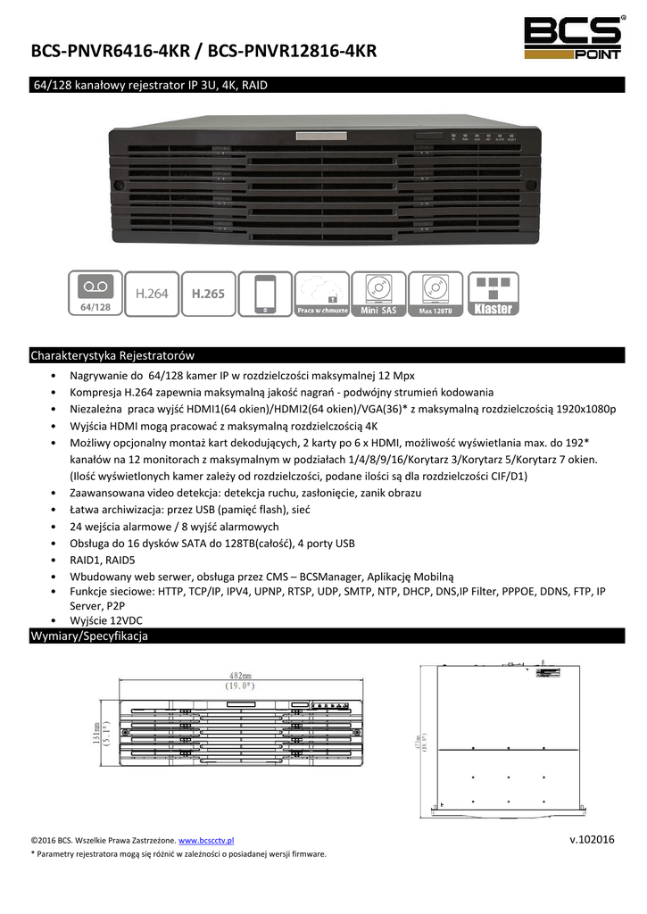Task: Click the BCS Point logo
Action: pos(573,38)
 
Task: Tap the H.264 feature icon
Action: pos(152,294)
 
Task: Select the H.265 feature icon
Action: pos(208,294)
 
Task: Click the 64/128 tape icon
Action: pos(95,294)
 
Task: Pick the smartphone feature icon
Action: pos(265,294)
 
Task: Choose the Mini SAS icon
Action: pos(378,294)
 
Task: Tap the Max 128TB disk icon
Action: pos(435,294)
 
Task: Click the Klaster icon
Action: pos(493,294)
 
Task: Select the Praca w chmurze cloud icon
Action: pos(322,294)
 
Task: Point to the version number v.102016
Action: pos(592,840)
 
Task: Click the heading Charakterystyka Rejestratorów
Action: pos(112,355)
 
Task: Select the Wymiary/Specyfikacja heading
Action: pos(89,636)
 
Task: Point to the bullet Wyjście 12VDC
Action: pos(106,620)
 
